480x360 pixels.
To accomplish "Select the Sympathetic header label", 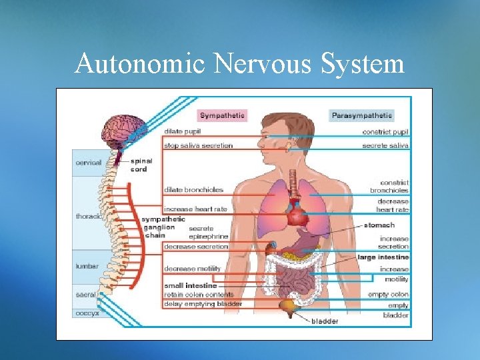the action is pyautogui.click(x=222, y=115).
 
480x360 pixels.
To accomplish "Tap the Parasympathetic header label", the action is pyautogui.click(x=362, y=115).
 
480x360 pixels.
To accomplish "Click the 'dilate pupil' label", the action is pyautogui.click(x=183, y=131).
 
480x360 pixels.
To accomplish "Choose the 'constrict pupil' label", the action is pyautogui.click(x=386, y=132).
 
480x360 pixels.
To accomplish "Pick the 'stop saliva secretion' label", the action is pyautogui.click(x=199, y=145).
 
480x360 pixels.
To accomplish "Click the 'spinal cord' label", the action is pyautogui.click(x=141, y=165).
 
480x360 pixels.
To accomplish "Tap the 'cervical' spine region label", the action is pyautogui.click(x=89, y=163).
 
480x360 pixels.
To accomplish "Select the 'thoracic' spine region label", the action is pyautogui.click(x=89, y=216).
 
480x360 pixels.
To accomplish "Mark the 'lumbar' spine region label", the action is pyautogui.click(x=87, y=266).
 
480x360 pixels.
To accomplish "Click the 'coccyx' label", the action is pyautogui.click(x=87, y=313).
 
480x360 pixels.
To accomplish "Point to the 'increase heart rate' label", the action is pyautogui.click(x=195, y=209).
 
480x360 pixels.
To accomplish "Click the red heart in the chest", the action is pyautogui.click(x=297, y=214).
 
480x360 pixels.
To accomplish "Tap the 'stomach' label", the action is pyautogui.click(x=379, y=225).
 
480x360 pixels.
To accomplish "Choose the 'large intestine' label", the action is pyautogui.click(x=383, y=257).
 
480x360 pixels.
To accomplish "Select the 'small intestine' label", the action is pyautogui.click(x=190, y=286).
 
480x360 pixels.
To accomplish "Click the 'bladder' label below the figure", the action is pyautogui.click(x=325, y=321).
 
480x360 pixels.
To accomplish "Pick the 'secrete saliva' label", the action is pyautogui.click(x=385, y=145).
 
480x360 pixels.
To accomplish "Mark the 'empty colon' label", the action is pyautogui.click(x=388, y=294).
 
